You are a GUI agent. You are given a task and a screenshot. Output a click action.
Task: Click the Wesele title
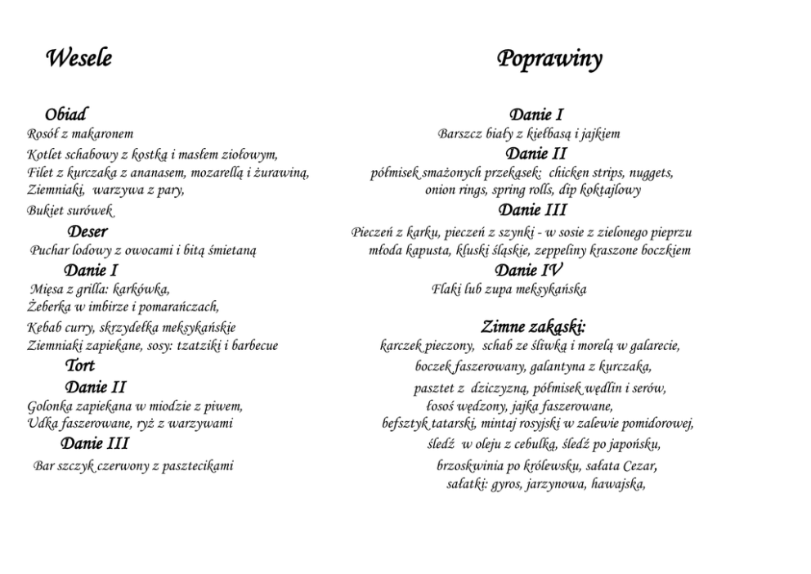coord(78,59)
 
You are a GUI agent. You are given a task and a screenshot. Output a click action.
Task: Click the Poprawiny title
coord(549,60)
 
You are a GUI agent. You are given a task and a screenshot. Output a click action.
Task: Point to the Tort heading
coord(80,365)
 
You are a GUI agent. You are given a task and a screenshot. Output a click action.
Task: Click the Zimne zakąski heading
coord(533,327)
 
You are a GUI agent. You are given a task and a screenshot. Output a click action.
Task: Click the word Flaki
coord(446,289)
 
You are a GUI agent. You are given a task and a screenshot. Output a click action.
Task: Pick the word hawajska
coord(618,483)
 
